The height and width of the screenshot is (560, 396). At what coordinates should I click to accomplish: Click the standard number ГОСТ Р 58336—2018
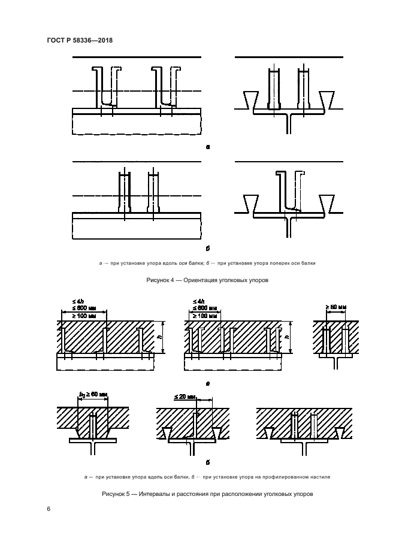[80, 40]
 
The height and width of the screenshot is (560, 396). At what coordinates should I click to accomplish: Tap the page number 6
[49, 508]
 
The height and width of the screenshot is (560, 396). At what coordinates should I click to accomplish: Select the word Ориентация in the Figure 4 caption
[199, 280]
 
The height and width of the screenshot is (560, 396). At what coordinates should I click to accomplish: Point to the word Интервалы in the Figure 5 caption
[153, 494]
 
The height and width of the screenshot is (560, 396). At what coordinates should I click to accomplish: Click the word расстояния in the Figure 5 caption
[188, 494]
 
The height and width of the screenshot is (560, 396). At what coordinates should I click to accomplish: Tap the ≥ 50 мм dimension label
[335, 307]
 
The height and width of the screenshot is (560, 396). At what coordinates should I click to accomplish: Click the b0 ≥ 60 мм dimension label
[93, 395]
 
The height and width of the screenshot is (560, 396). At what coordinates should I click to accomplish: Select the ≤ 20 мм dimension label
[185, 396]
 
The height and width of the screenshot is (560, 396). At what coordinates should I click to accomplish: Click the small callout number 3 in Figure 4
[304, 173]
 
